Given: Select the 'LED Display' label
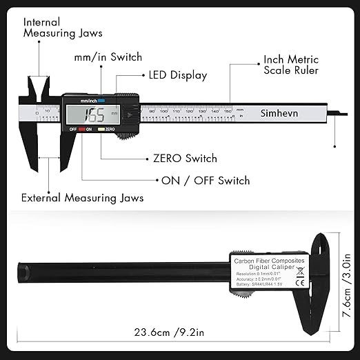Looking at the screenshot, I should point(178,75).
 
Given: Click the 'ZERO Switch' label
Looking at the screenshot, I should point(185,159).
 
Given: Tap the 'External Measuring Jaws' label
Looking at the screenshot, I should point(82,198).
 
